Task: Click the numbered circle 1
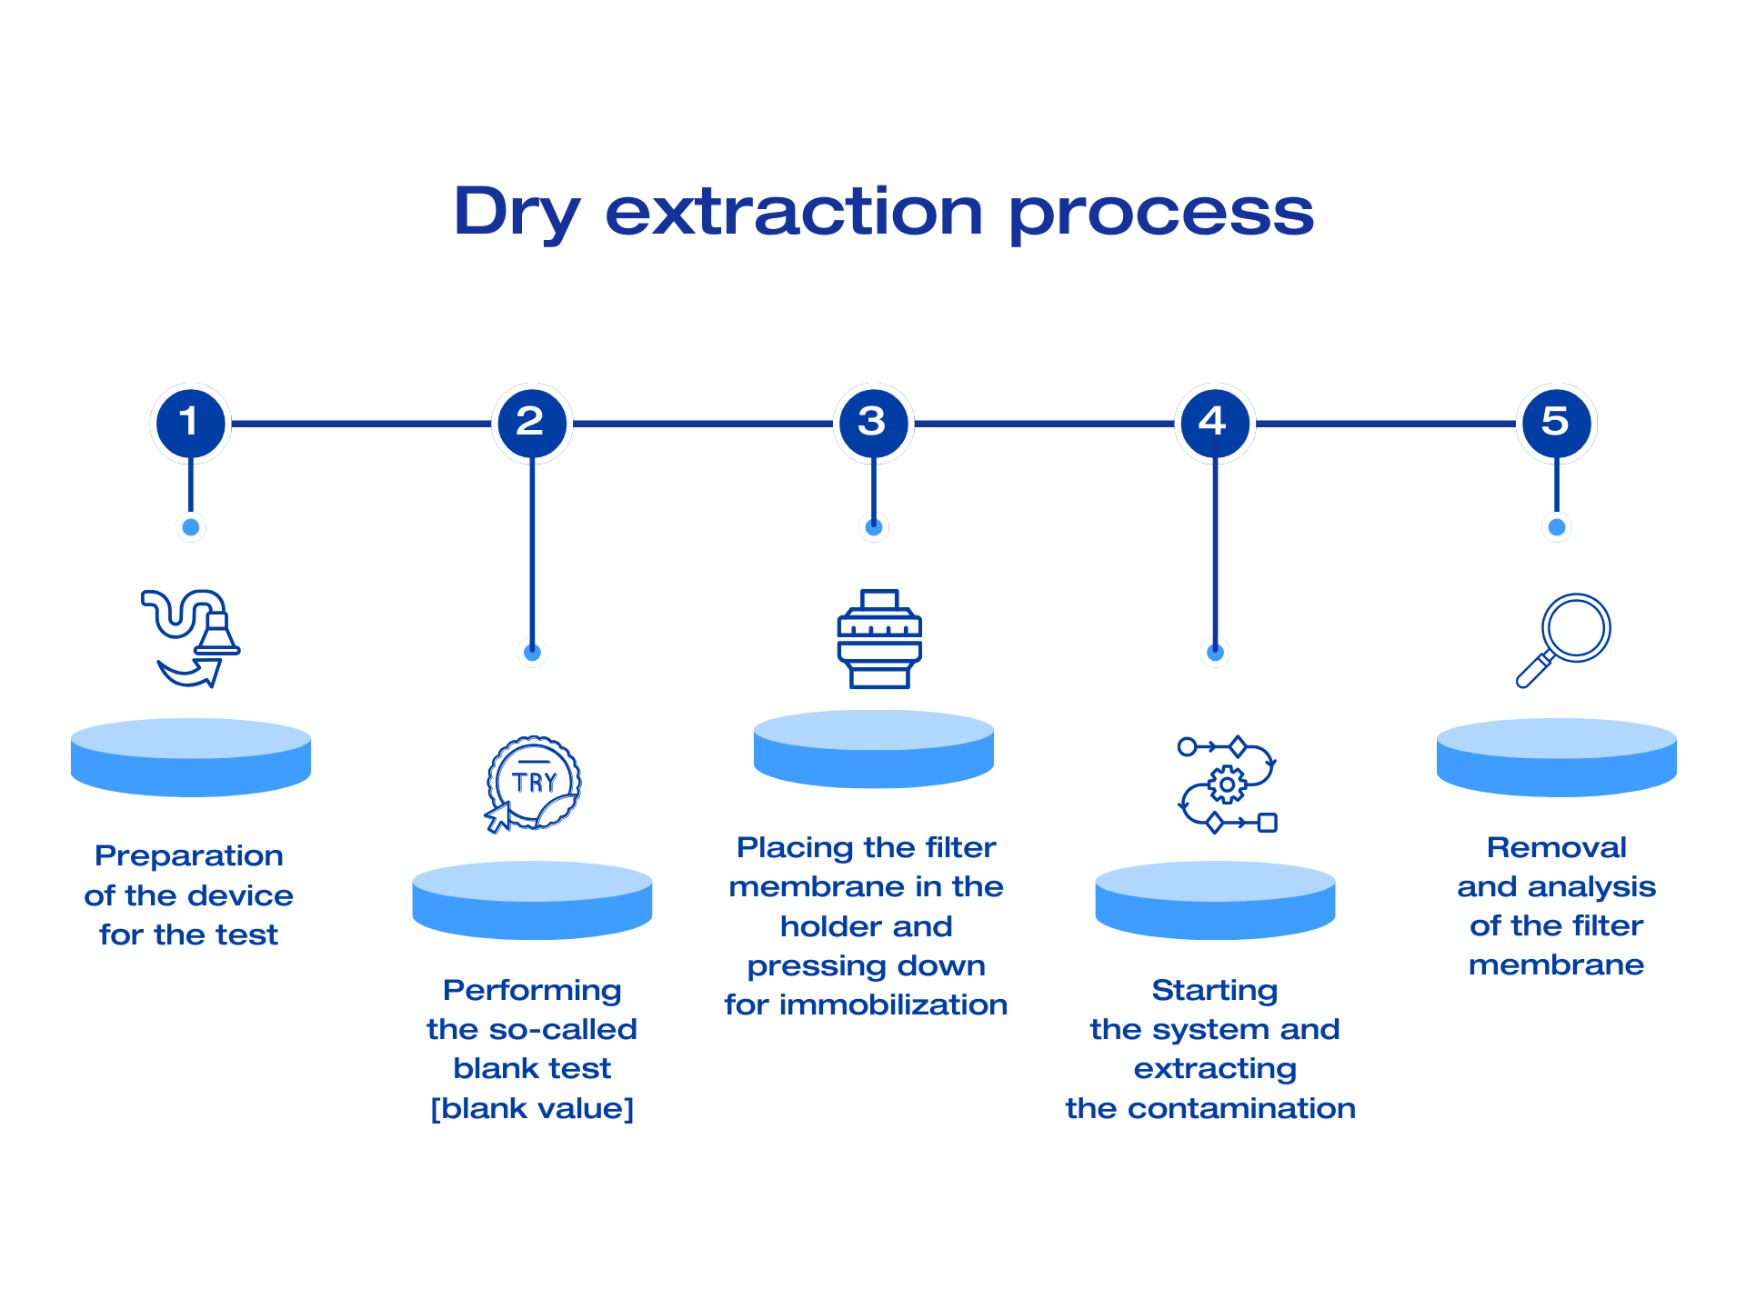tap(190, 423)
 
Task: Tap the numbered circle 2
tap(532, 423)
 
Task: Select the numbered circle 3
tap(873, 423)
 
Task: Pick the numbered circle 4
tap(1215, 423)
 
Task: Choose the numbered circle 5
tap(1556, 423)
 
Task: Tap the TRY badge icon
tap(533, 783)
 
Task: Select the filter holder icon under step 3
tap(879, 638)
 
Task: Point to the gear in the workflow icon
tap(1227, 784)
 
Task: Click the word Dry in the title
tap(516, 213)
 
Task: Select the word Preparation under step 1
tap(189, 855)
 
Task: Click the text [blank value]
tap(532, 1108)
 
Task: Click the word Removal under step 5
tap(1556, 847)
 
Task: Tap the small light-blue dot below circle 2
tap(532, 652)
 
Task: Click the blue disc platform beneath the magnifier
tap(1556, 759)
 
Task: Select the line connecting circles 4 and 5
tap(1385, 424)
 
